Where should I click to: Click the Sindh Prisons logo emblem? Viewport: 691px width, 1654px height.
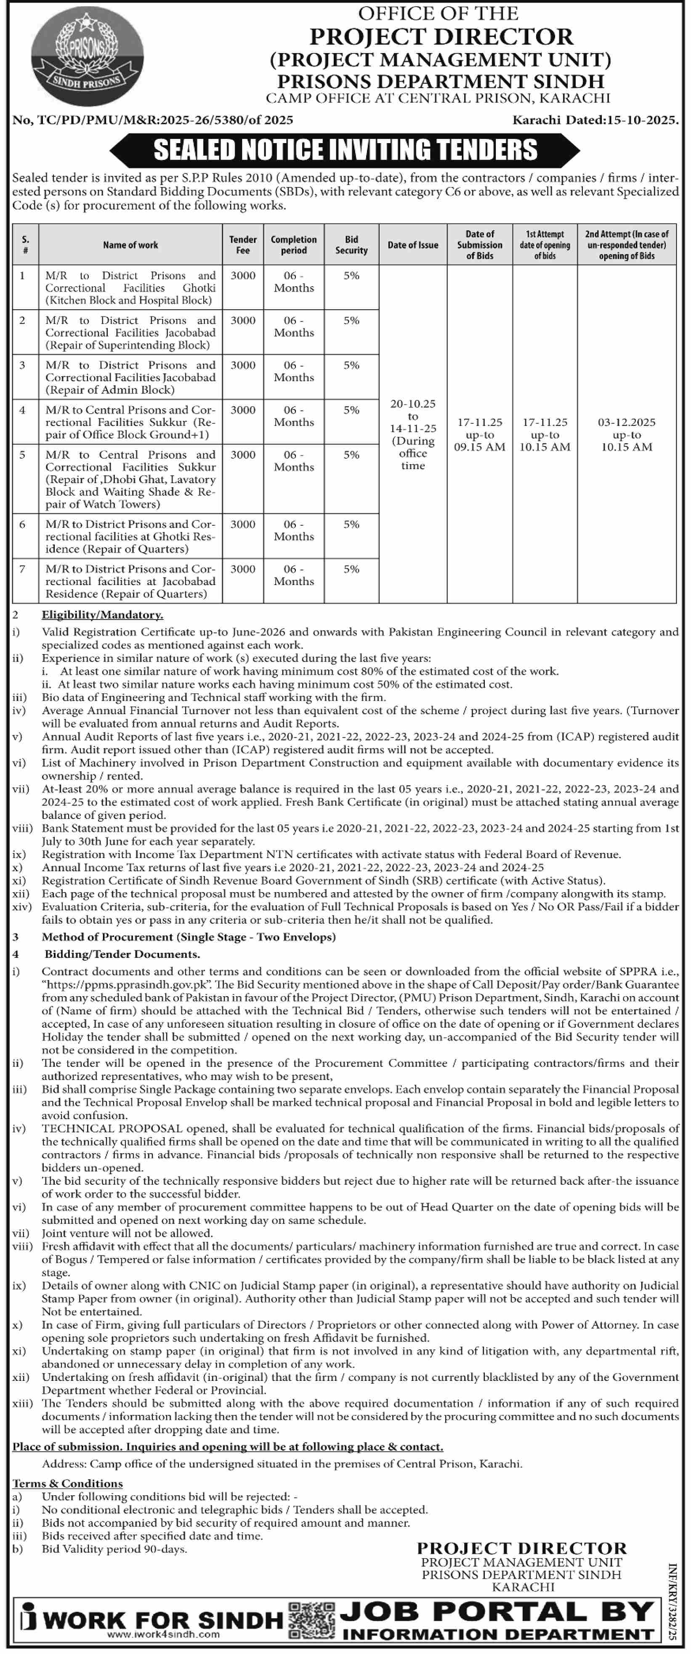88,61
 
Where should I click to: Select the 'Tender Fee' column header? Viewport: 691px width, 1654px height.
243,245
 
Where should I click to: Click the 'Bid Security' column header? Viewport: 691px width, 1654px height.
351,245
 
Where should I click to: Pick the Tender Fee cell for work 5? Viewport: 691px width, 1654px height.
243,455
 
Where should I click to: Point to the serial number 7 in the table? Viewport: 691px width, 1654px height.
22,569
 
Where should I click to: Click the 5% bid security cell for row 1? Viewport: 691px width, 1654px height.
351,275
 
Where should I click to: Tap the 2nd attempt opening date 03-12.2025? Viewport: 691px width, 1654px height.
627,422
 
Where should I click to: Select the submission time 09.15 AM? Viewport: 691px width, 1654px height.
480,447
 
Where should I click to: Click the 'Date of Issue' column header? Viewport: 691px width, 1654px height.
413,245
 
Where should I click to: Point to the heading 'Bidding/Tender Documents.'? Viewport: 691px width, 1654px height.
122,954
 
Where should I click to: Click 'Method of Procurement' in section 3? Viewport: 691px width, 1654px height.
108,937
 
